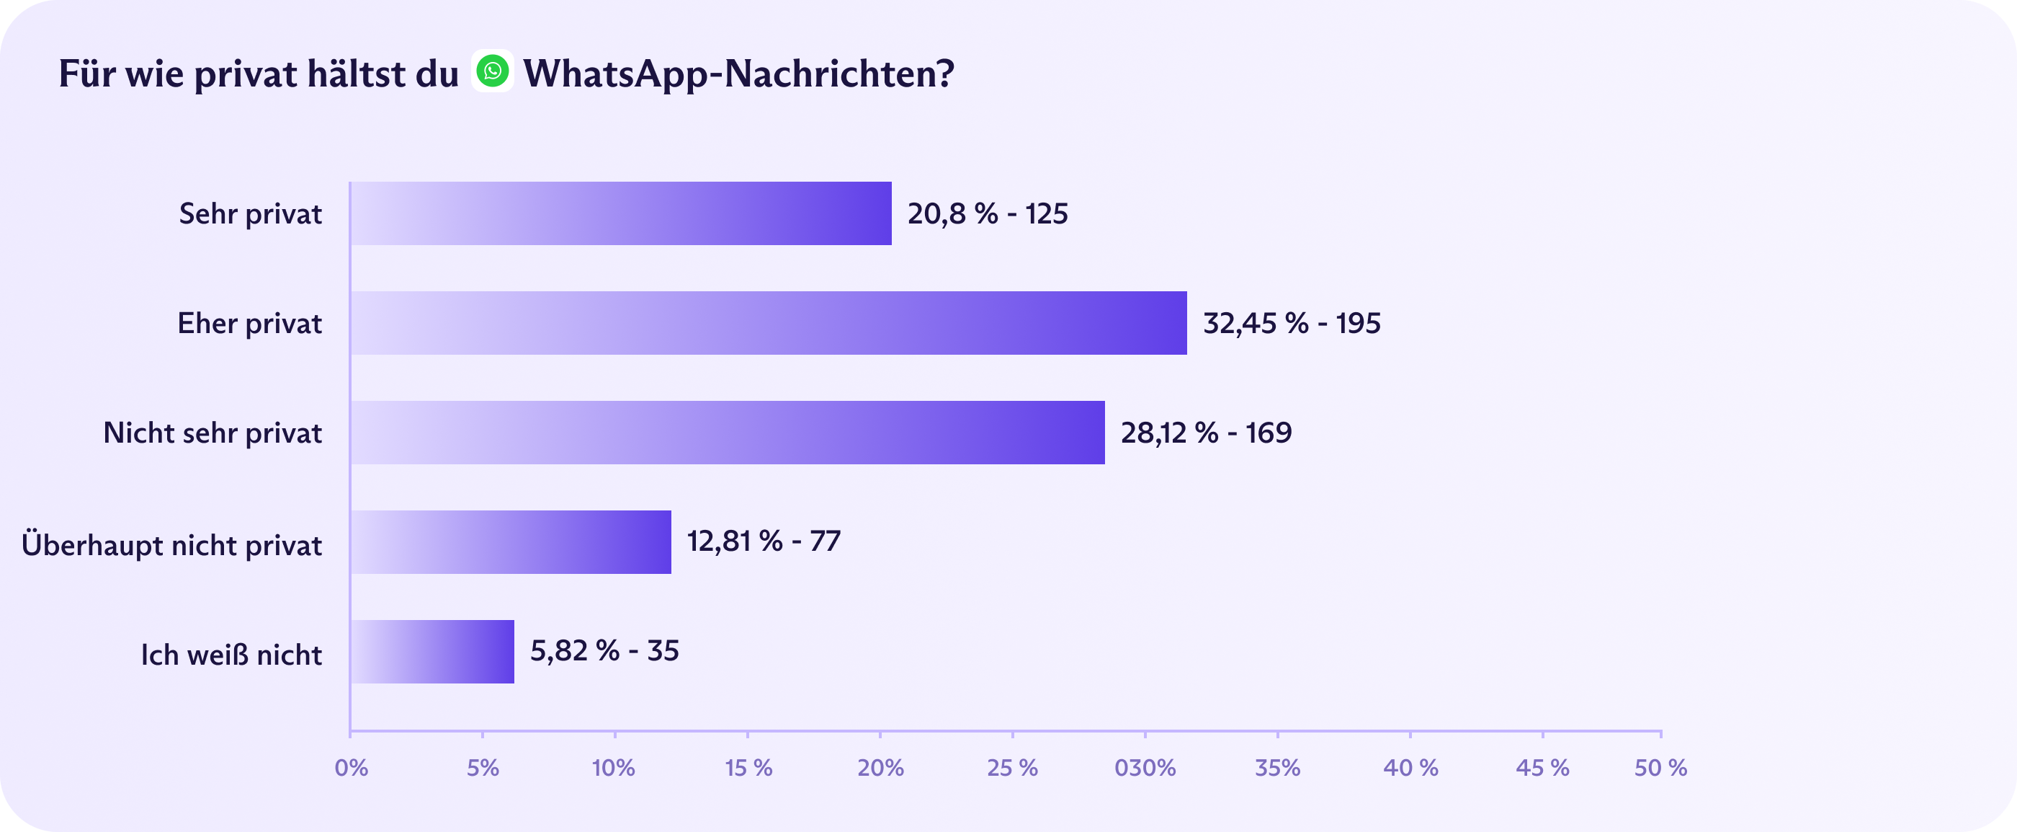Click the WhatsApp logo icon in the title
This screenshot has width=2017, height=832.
493,71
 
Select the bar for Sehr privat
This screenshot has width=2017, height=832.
621,214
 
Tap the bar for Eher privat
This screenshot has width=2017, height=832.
768,323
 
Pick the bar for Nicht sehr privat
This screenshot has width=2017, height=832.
728,433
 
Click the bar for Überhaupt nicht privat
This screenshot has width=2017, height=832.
511,542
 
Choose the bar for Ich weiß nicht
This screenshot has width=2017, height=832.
432,652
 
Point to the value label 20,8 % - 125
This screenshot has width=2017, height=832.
988,214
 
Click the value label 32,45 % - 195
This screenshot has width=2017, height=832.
1291,323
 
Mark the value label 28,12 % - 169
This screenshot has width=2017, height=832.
1206,433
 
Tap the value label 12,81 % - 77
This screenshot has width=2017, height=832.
764,541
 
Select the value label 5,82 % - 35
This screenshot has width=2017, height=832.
604,650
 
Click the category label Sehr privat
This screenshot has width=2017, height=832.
251,214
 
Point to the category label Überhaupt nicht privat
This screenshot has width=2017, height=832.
171,544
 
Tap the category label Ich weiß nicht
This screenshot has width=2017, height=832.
231,654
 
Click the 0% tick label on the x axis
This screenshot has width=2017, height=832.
351,768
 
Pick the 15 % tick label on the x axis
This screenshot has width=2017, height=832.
748,768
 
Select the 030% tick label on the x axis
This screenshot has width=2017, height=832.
1145,768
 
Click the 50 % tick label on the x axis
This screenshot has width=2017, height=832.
1660,768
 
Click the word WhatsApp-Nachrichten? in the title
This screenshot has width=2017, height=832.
738,74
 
